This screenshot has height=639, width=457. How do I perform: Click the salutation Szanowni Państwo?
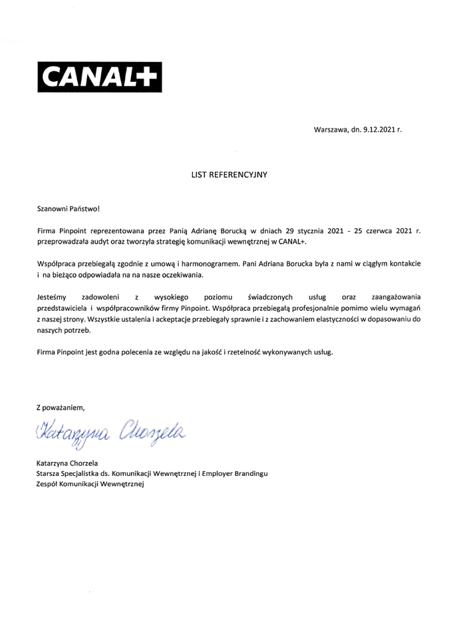68,209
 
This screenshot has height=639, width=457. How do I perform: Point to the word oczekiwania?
180,275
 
